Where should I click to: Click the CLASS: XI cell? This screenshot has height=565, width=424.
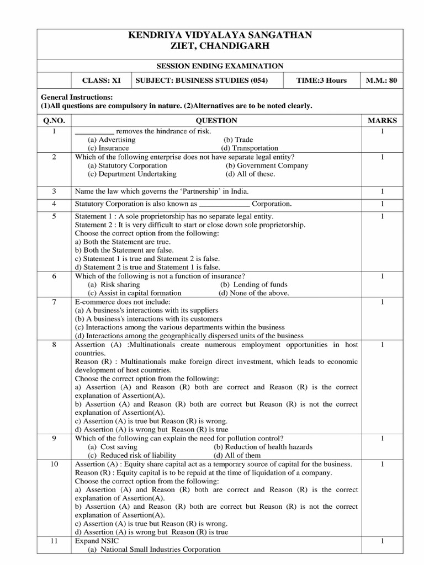tap(101, 80)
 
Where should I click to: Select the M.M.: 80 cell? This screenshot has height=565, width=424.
tap(381, 80)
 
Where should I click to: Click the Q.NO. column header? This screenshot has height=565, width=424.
tap(54, 120)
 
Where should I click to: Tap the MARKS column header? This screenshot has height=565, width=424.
tap(381, 120)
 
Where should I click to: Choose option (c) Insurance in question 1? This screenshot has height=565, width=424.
tap(108, 148)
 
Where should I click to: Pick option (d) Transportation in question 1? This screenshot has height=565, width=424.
tap(250, 148)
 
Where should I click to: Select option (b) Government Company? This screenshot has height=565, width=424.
tap(267, 165)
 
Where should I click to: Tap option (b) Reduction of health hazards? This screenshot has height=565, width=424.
tap(262, 446)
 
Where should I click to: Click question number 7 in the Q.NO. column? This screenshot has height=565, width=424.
tap(54, 302)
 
